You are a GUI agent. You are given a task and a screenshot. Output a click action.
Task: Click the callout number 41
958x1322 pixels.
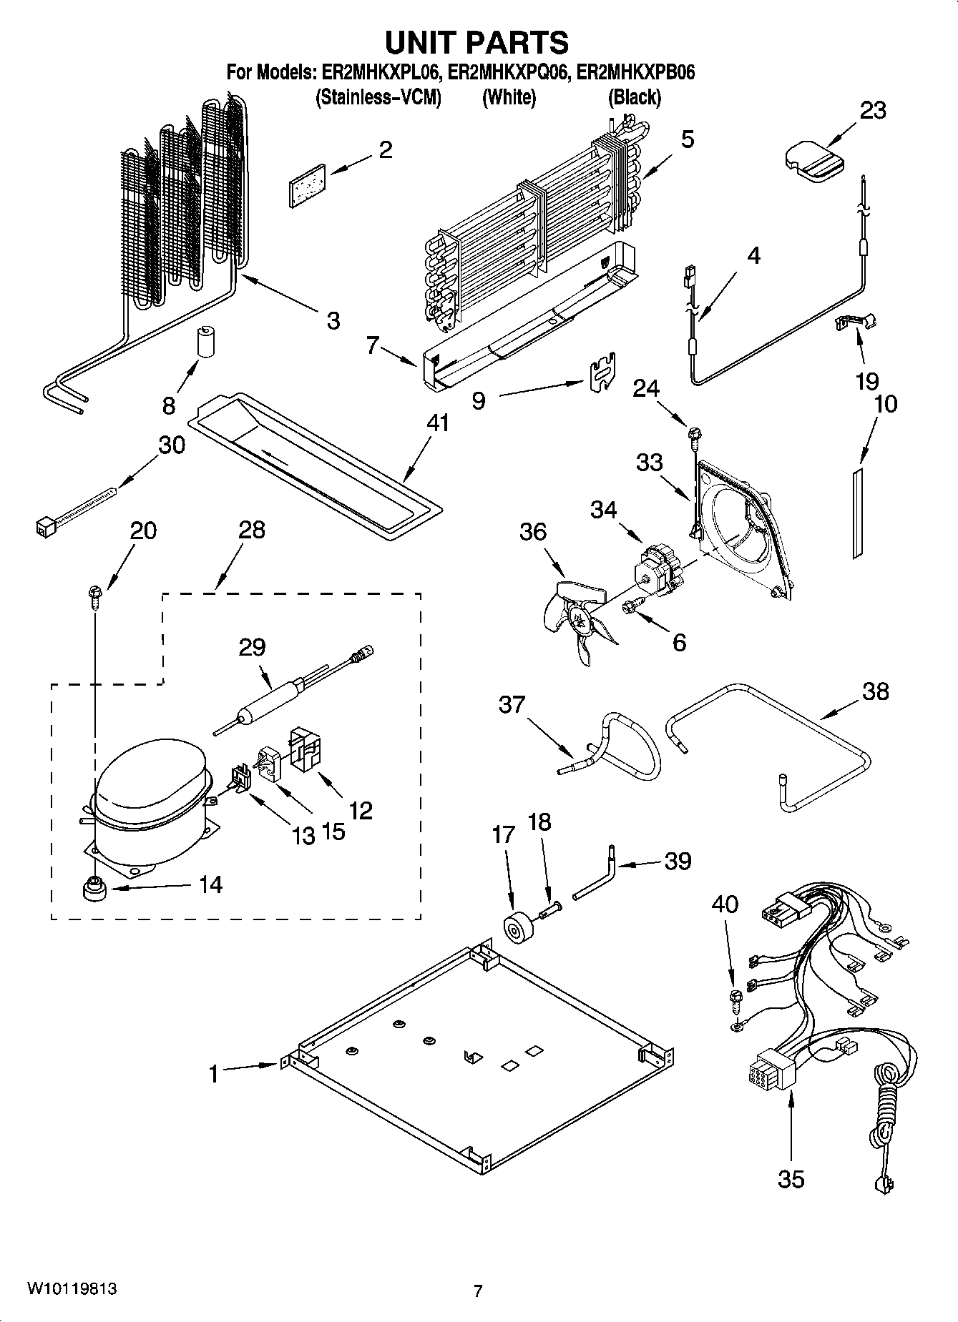[437, 423]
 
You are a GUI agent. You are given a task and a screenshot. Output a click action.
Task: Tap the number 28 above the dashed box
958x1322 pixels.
[251, 530]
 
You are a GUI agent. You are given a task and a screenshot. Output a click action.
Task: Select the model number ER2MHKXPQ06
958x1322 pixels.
[509, 72]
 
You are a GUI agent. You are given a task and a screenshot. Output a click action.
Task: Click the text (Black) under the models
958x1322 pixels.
[634, 97]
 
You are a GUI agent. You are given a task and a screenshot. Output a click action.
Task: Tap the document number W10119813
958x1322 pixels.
[72, 1289]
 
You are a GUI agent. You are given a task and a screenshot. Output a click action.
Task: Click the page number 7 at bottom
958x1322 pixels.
[478, 1291]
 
